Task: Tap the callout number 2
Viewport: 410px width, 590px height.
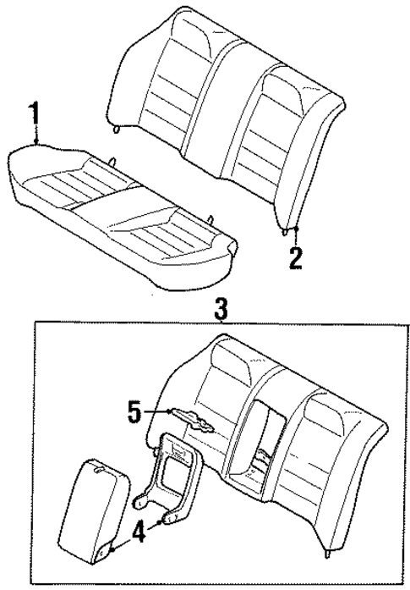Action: tap(295, 257)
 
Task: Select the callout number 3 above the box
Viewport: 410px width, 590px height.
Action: tap(221, 308)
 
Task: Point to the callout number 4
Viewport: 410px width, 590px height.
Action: tap(139, 533)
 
